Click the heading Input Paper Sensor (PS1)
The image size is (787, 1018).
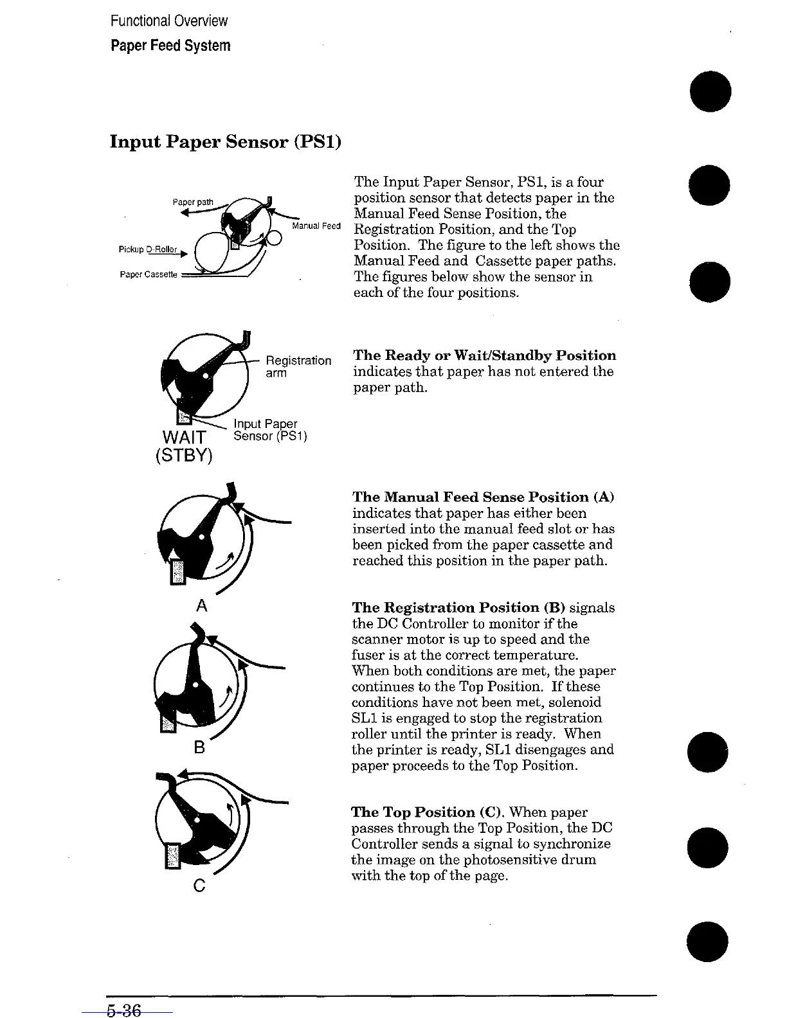click(225, 141)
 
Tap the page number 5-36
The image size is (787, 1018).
click(124, 1011)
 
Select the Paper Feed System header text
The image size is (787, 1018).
click(170, 46)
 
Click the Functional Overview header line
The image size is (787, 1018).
click(168, 21)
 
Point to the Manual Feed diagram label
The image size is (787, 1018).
click(316, 226)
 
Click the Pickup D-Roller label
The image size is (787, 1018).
click(148, 249)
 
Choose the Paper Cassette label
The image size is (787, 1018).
click(149, 274)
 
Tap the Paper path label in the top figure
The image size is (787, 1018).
click(192, 202)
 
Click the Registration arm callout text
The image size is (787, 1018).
click(298, 366)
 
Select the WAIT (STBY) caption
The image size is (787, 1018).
click(184, 446)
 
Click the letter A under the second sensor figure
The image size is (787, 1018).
click(202, 605)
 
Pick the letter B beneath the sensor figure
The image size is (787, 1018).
click(199, 747)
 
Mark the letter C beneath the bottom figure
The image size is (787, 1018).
click(199, 886)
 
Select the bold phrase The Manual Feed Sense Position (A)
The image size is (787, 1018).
click(483, 497)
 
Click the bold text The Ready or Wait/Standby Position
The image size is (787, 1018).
click(484, 355)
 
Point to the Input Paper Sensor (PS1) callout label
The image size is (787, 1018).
click(270, 430)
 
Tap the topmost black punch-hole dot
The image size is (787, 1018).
click(709, 92)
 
